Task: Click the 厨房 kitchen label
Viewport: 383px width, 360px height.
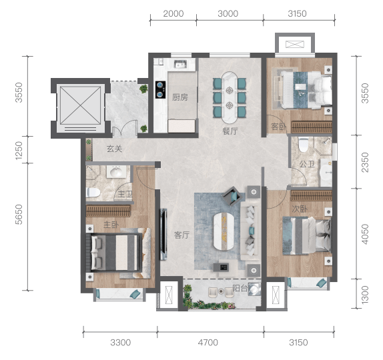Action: pos(179,97)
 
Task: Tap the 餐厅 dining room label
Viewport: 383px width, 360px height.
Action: pos(230,131)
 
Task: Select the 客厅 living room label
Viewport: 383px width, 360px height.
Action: pos(181,235)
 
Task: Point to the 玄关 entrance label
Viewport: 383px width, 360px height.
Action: pos(114,149)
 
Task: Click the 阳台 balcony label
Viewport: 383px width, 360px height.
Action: pos(240,288)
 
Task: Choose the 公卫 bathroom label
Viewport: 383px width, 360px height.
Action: pos(307,164)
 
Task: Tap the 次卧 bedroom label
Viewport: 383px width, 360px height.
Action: pos(300,209)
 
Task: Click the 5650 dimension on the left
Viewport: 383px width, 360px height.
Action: pos(19,215)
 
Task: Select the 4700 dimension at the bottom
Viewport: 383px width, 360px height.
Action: pos(208,343)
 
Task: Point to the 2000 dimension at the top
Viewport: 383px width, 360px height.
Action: pos(173,13)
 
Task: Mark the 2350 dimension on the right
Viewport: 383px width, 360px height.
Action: pos(365,162)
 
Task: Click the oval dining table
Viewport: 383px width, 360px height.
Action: pos(229,97)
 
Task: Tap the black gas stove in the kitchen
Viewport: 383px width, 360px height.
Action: pos(161,89)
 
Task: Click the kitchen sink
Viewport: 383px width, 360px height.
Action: pos(180,64)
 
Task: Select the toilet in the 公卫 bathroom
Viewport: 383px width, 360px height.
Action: pos(304,145)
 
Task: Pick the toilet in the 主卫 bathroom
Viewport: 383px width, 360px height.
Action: pos(93,192)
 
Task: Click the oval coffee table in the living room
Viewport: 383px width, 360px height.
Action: pos(224,231)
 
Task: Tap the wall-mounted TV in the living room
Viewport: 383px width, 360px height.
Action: pos(163,234)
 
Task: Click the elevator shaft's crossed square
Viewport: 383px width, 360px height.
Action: pos(80,105)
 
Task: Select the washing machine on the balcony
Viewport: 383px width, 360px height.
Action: pos(254,289)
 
